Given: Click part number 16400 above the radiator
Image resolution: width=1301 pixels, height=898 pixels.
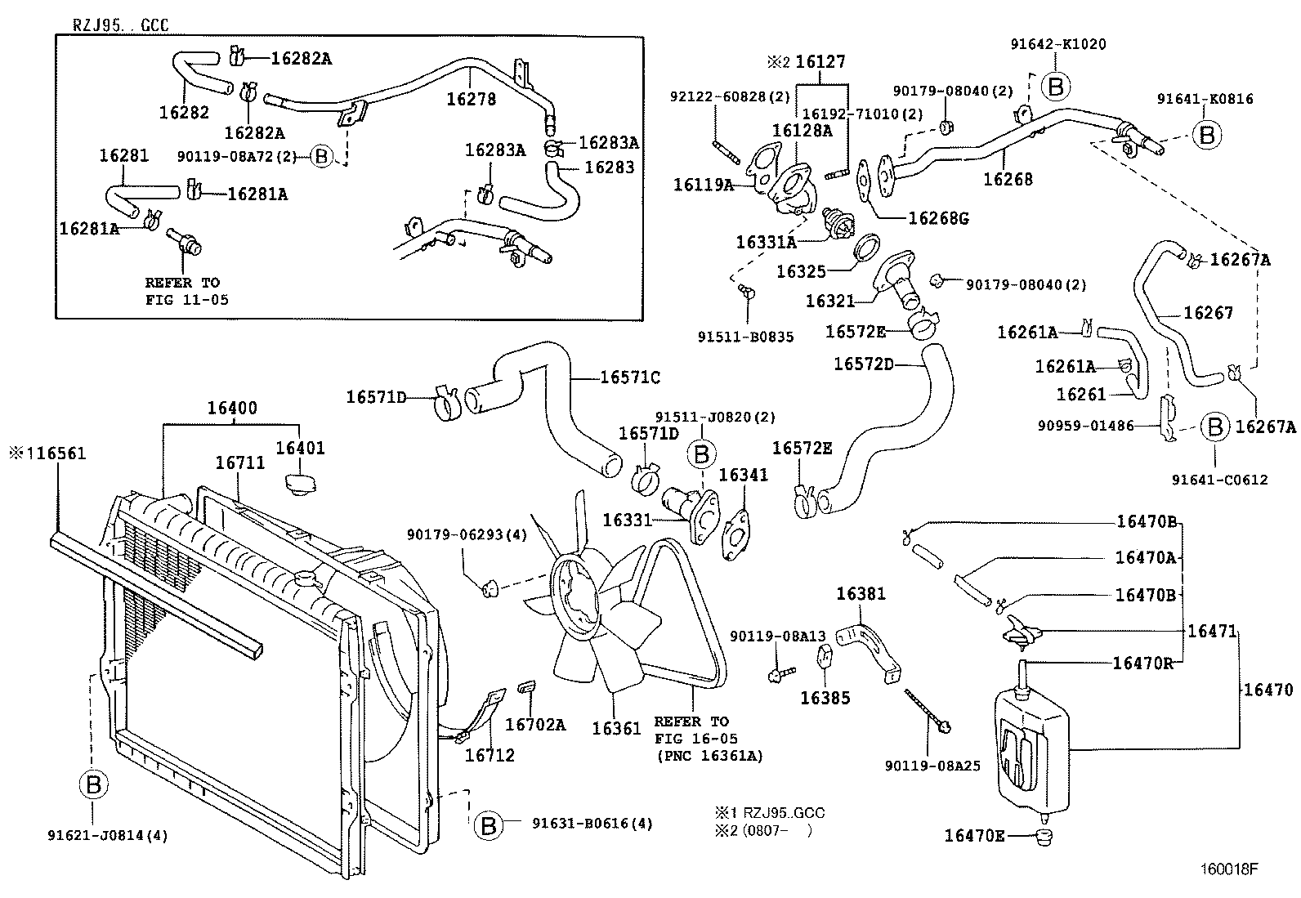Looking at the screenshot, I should pyautogui.click(x=231, y=408).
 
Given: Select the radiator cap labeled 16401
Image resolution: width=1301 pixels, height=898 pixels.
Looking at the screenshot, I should pyautogui.click(x=300, y=482).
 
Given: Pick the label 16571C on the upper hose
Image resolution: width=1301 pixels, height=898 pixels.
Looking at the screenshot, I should pyautogui.click(x=630, y=377).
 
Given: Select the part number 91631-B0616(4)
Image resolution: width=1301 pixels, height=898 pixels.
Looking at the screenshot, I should pyautogui.click(x=592, y=824).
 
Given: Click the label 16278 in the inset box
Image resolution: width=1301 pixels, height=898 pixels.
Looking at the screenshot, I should pyautogui.click(x=471, y=99).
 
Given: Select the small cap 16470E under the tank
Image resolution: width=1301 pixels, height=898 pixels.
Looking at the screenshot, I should pyautogui.click(x=1043, y=836).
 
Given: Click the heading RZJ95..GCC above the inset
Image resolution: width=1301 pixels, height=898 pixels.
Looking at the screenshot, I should pyautogui.click(x=121, y=25).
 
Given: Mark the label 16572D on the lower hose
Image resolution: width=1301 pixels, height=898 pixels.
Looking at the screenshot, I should pyautogui.click(x=863, y=364).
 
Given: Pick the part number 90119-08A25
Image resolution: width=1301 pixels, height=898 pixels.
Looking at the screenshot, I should pyautogui.click(x=932, y=766).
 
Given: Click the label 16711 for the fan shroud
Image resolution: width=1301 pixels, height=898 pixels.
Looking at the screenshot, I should pyautogui.click(x=239, y=462).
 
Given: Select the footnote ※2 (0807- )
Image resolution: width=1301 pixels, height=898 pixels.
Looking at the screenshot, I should pyautogui.click(x=763, y=831).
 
